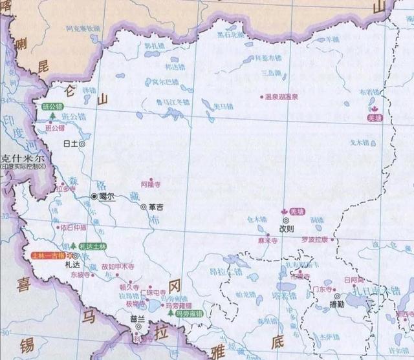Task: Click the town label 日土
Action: point(71,144)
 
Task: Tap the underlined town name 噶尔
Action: point(107,196)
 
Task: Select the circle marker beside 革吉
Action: point(144,207)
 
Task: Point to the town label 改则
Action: point(286,229)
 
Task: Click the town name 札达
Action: point(72,264)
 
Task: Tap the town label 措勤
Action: point(336,304)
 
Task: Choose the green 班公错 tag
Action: point(52,106)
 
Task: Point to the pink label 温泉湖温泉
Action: point(281,97)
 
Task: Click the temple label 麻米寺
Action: point(267,239)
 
